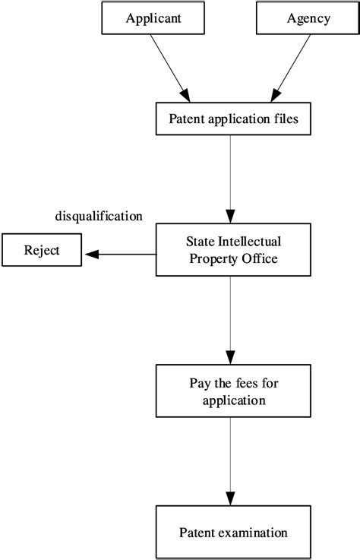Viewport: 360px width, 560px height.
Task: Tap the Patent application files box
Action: (229, 119)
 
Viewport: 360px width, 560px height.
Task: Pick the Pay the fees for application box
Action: (229, 389)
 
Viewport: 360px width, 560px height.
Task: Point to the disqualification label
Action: (99, 217)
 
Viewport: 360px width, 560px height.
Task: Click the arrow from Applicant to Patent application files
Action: (169, 68)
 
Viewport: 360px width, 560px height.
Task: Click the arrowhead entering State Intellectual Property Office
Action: (229, 217)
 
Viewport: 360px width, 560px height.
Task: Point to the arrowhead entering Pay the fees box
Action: (229, 356)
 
